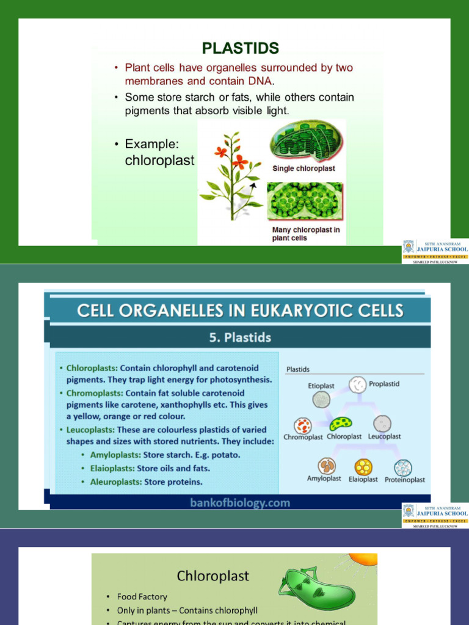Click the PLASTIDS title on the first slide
coord(240,48)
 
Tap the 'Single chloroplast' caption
coord(304,168)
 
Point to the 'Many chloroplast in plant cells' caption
coord(305,234)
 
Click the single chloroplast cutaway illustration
coord(306,142)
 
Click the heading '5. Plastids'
coord(240,338)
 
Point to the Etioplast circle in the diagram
coord(321,399)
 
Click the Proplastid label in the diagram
coord(384,384)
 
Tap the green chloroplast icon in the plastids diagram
coord(340,424)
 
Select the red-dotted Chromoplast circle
coord(302,425)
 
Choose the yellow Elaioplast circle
coord(363,467)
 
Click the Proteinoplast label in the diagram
coord(405,480)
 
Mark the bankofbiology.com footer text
coord(240,503)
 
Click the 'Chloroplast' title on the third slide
coord(213,576)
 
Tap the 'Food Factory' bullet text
coord(142,596)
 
